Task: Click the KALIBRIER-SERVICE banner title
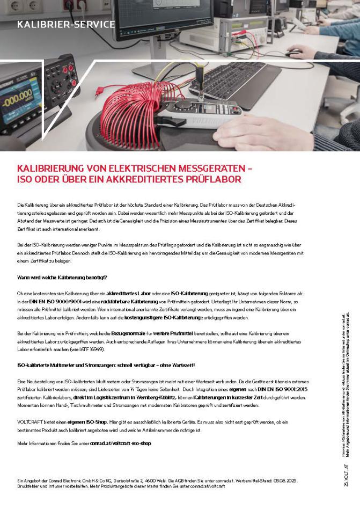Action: [66, 25]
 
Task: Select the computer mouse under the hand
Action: [294, 53]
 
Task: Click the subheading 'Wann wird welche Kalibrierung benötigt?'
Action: [62, 278]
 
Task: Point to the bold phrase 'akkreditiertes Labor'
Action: [129, 294]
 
